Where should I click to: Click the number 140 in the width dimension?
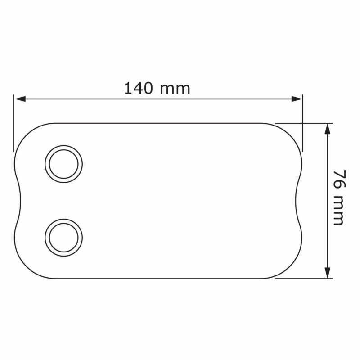[139, 88]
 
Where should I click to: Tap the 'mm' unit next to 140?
[175, 89]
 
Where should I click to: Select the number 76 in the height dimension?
[338, 180]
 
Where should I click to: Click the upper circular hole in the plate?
[63, 164]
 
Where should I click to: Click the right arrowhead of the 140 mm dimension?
[297, 99]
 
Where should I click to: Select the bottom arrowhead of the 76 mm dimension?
[328, 273]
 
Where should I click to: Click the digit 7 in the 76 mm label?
[338, 175]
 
